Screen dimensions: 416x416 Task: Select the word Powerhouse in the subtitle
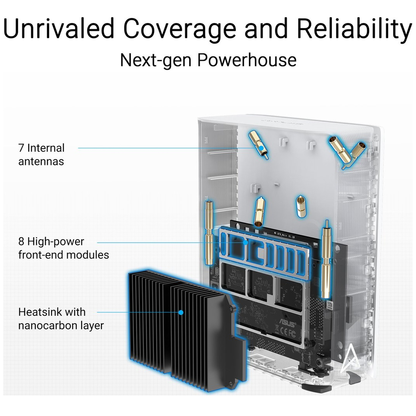pyautogui.click(x=247, y=60)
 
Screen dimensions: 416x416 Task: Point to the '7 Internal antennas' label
pyautogui.click(x=41, y=154)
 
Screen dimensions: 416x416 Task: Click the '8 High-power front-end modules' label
pyautogui.click(x=64, y=248)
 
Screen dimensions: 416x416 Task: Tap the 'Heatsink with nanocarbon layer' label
pyautogui.click(x=61, y=319)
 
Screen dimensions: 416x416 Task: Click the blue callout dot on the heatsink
pyautogui.click(x=181, y=312)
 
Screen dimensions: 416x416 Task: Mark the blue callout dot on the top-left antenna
pyautogui.click(x=261, y=148)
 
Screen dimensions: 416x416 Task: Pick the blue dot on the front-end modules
pyautogui.click(x=245, y=242)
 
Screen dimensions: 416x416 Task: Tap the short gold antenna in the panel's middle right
pyautogui.click(x=301, y=207)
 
